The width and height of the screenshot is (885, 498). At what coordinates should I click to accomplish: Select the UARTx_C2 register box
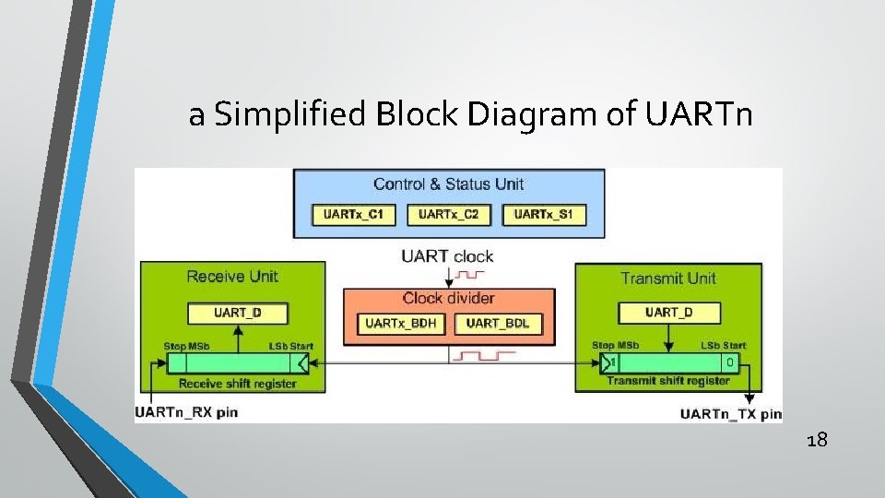[x=449, y=215]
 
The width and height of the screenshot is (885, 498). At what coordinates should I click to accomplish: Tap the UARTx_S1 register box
[x=544, y=215]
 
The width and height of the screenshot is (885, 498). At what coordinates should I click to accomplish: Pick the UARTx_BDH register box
[x=401, y=324]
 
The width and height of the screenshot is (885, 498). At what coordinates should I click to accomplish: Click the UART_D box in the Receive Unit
[x=237, y=313]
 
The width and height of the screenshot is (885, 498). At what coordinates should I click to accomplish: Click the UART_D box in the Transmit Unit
[x=668, y=313]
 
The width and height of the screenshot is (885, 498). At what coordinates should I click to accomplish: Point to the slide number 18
[x=816, y=440]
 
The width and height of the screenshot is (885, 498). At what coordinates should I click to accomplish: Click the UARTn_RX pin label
[x=186, y=411]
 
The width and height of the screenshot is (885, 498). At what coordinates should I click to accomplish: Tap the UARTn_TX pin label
[x=730, y=414]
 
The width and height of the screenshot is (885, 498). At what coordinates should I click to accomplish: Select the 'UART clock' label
[x=447, y=256]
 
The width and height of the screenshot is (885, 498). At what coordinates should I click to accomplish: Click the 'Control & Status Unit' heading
[x=448, y=184]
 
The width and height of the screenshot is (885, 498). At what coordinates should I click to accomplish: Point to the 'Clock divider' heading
[x=448, y=298]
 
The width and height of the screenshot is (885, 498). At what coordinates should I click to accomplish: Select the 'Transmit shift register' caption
[x=668, y=381]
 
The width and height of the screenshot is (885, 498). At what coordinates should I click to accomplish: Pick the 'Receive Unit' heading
[x=231, y=276]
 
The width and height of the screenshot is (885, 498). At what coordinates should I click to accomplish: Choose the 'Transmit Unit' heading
[x=668, y=278]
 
